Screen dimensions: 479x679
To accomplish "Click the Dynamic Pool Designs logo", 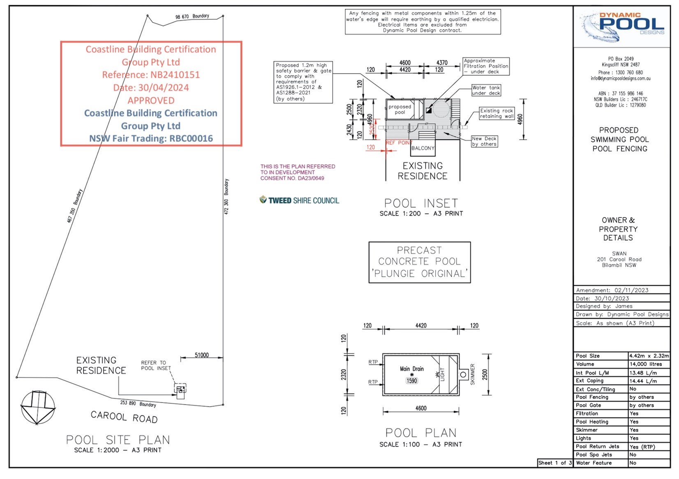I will coord(622,25).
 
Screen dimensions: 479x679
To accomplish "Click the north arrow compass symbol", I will coord(37,408).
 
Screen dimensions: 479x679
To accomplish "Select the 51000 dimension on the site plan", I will coord(201,355).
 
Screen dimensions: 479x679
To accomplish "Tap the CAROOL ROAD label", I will coord(124,417).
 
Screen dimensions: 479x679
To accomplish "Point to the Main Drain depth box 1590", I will coord(411,381).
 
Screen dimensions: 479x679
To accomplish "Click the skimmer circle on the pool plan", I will coord(463,375).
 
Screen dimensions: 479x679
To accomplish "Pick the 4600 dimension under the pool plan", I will coord(421,408).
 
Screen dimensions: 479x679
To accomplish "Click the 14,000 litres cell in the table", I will coord(649,364).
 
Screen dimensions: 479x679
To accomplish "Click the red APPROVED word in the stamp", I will coord(151,101).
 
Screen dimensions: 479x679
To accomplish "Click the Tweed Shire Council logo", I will coord(299,200).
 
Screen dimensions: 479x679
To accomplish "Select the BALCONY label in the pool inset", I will coord(423,148).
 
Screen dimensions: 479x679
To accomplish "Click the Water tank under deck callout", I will coord(486,90).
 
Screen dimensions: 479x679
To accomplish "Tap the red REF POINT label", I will coord(399,143).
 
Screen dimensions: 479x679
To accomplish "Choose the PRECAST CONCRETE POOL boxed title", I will coord(419,262).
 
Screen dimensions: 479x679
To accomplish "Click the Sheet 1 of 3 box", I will coord(555,463).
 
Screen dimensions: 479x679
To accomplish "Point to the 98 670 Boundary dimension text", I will coord(192,16).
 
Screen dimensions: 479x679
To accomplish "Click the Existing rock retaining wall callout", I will coord(497,113).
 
